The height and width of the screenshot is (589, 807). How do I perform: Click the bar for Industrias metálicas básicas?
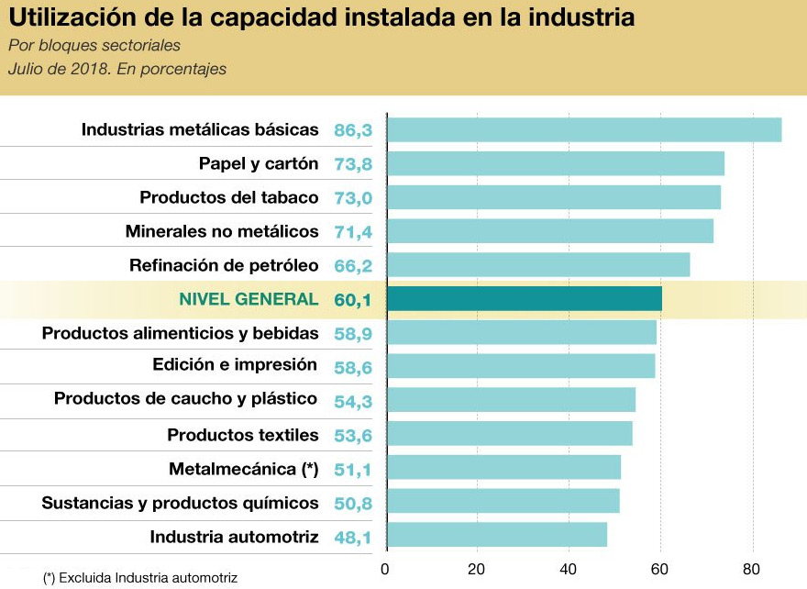(x=584, y=130)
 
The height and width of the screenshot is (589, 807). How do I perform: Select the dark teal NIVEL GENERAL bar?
(x=524, y=299)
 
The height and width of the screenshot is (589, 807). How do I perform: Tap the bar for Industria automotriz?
(x=496, y=535)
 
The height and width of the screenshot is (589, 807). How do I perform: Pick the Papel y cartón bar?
(x=555, y=164)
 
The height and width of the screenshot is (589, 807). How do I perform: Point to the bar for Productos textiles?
(x=509, y=434)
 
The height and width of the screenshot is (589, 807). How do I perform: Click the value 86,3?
(x=353, y=130)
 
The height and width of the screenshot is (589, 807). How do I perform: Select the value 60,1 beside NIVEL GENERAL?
(x=353, y=299)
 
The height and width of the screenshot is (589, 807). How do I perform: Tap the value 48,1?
(x=353, y=537)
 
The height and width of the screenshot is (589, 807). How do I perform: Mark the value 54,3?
(x=353, y=400)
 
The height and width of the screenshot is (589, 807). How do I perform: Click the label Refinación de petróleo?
(x=224, y=265)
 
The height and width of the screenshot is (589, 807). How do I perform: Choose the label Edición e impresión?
(x=235, y=364)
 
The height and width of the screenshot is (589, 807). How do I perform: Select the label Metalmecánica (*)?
(x=243, y=469)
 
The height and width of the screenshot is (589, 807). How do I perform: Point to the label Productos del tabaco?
(x=228, y=197)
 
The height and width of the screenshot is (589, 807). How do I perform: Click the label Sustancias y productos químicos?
(x=180, y=503)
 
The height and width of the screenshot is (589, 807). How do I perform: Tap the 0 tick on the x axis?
(x=386, y=568)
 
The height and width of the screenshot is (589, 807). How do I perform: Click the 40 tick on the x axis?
(x=569, y=568)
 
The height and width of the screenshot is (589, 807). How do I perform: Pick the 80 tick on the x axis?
(x=752, y=568)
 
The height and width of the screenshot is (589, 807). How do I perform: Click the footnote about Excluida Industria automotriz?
(x=140, y=578)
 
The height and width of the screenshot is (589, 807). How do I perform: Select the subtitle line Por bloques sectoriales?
(x=94, y=46)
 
